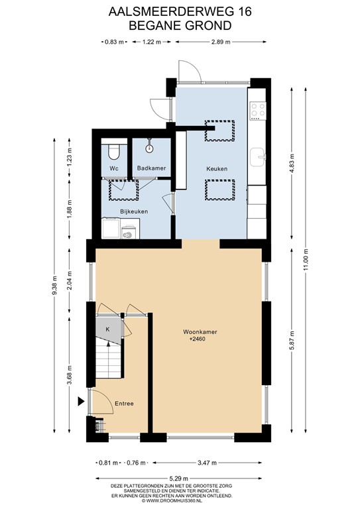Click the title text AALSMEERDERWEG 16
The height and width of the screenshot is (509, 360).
(179, 11)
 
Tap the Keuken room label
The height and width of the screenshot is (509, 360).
(217, 169)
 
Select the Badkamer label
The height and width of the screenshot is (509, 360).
(151, 168)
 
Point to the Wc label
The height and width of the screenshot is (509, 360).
(114, 168)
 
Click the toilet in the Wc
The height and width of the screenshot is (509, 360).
(114, 152)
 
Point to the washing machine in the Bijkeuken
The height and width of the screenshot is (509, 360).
(129, 231)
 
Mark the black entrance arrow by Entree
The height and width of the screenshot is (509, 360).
(82, 401)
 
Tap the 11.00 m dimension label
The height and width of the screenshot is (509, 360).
(306, 258)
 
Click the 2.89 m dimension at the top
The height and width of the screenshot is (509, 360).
(219, 42)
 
